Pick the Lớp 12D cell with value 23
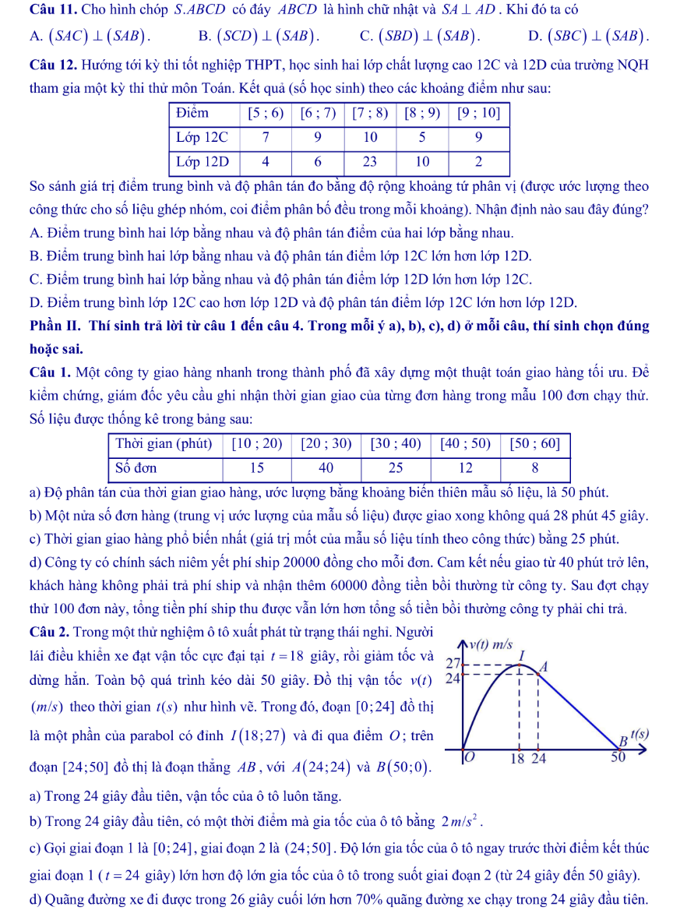pos(370,161)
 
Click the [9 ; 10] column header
pos(479,113)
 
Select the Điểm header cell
pos(193,113)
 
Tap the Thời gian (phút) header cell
pos(164,444)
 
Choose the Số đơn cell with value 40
pos(326,468)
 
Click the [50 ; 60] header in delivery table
pos(534,444)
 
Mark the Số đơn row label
pos(136,468)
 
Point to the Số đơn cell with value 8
pos(534,468)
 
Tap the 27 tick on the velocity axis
pos(453,663)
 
